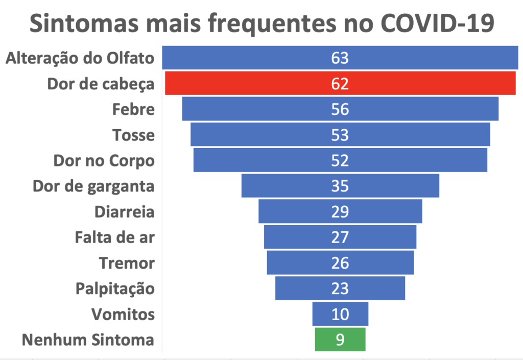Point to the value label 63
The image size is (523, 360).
coord(340,58)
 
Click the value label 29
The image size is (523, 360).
coord(340,211)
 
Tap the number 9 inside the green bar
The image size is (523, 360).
coord(340,340)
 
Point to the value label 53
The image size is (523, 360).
coord(340,135)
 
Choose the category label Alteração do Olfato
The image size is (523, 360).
coord(80,58)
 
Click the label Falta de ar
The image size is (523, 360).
coord(114,237)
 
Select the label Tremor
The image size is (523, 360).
coord(127,263)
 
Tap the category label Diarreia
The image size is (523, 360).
coord(125,211)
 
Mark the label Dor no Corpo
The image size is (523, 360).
coord(104,160)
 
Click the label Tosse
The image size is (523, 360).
coord(133,135)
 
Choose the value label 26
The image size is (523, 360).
coord(340,263)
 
